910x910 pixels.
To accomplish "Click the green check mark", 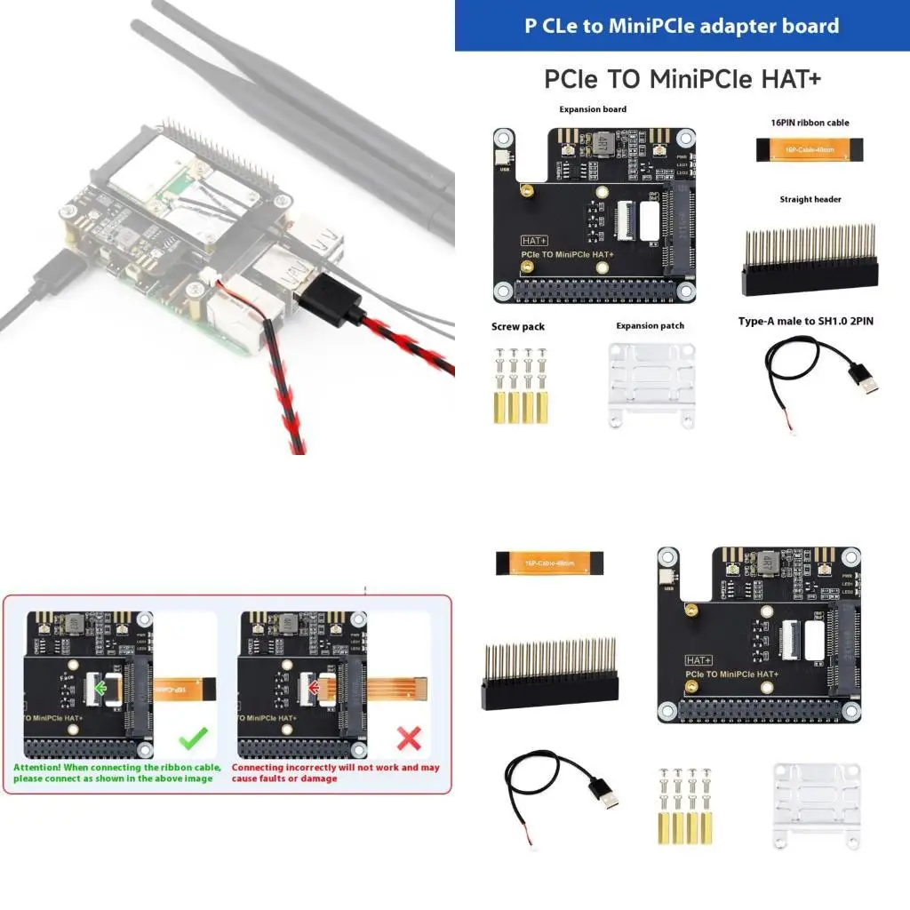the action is click(193, 737).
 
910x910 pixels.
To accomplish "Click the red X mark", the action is click(408, 737).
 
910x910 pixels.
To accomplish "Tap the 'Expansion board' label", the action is click(593, 109).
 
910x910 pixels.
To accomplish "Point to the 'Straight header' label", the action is click(810, 199).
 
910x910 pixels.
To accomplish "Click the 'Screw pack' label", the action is click(518, 327).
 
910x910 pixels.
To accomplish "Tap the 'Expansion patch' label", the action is click(651, 326).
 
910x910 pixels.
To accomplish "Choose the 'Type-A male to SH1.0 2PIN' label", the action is click(806, 321).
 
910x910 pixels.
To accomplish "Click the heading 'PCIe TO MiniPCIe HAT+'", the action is click(682, 78).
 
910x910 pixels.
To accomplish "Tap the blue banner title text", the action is click(682, 26).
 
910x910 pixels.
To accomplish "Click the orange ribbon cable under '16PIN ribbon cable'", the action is click(807, 150).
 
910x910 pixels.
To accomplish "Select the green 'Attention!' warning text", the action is click(113, 772).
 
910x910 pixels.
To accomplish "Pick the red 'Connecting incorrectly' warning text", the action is click(335, 772).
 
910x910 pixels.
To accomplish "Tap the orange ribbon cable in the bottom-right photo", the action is click(550, 563).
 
